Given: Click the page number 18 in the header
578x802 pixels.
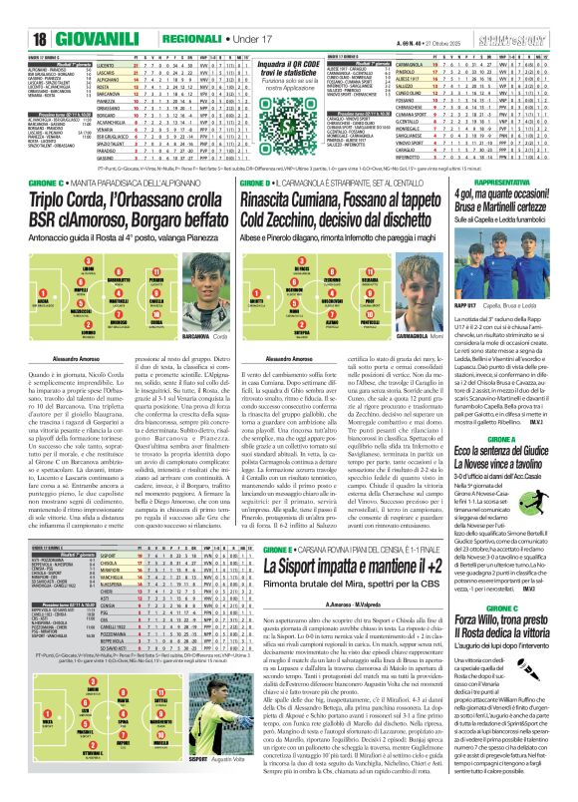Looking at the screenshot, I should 18,13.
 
